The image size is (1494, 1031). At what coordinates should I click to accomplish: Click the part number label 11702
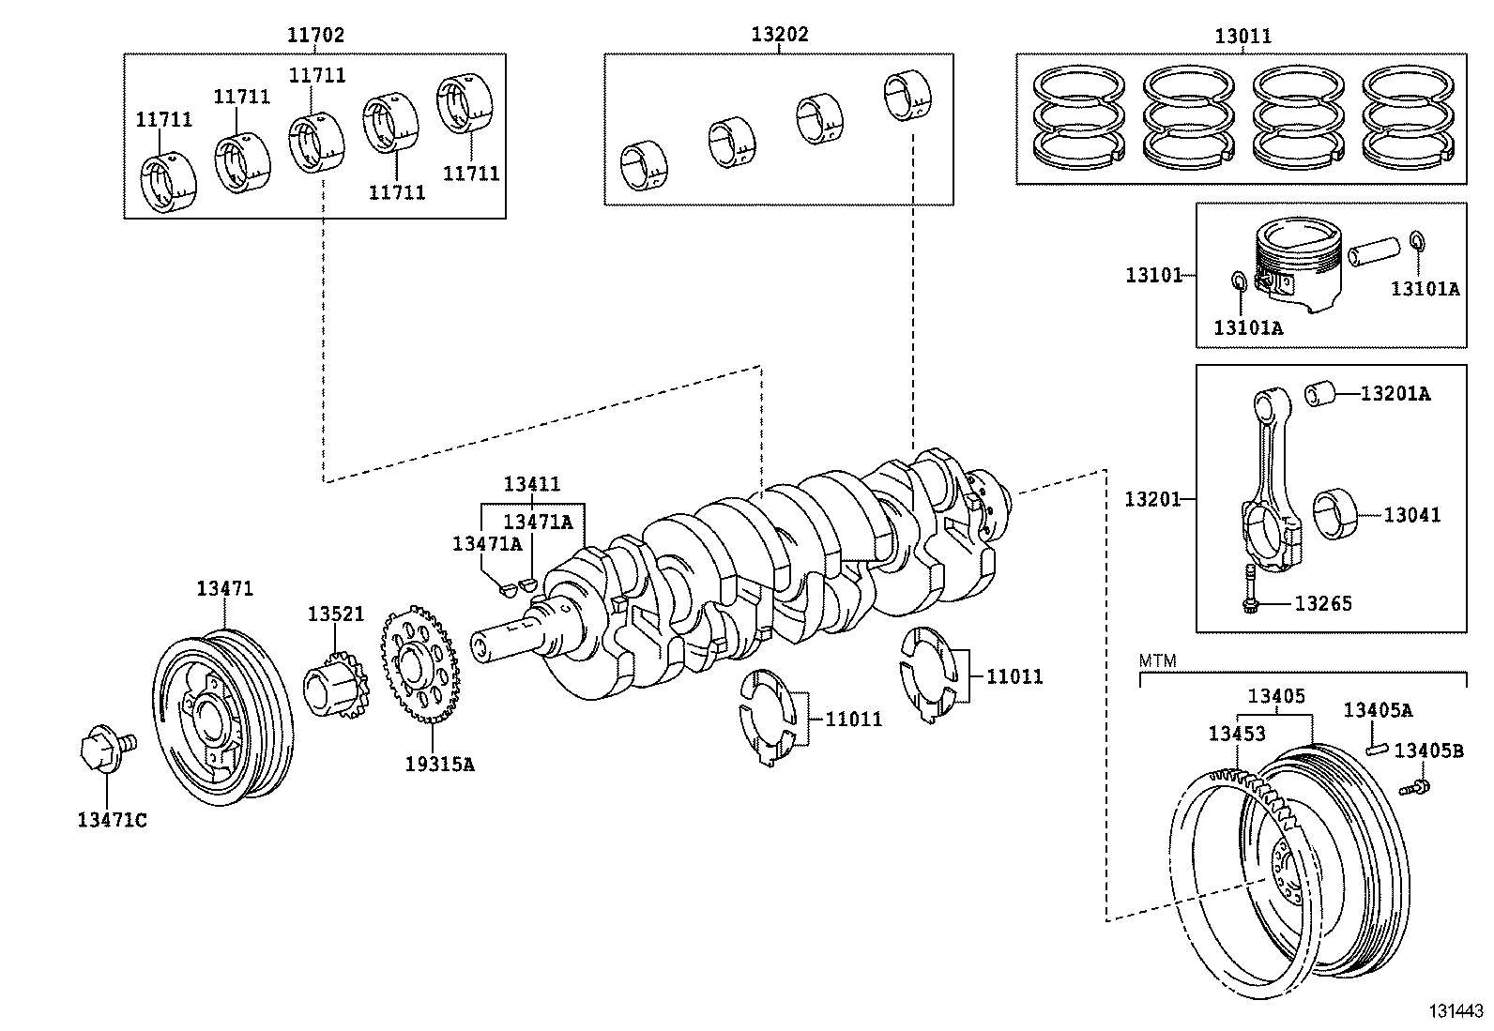tap(315, 35)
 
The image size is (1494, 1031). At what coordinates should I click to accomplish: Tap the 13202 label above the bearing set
tap(780, 34)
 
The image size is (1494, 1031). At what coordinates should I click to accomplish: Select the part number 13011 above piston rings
tap(1242, 36)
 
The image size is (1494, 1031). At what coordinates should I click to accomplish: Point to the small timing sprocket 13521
tap(335, 685)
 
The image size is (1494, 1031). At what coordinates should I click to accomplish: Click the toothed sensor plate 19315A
tap(420, 664)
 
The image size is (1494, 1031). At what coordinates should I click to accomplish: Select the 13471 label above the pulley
tap(225, 588)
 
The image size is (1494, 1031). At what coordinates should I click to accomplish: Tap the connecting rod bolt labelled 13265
tap(1250, 589)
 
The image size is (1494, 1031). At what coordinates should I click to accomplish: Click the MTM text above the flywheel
tap(1158, 660)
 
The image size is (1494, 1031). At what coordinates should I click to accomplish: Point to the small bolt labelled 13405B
tap(1414, 788)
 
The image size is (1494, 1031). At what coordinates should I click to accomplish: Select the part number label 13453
tap(1237, 734)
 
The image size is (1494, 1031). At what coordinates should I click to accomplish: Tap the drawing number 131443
tap(1456, 1011)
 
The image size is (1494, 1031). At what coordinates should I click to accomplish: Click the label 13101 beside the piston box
tap(1154, 275)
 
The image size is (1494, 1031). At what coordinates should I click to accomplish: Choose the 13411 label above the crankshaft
tap(531, 483)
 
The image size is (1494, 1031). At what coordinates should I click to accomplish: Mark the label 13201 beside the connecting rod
tap(1152, 499)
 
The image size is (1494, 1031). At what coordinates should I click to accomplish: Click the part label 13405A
tap(1378, 710)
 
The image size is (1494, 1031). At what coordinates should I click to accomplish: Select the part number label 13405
tap(1276, 696)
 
